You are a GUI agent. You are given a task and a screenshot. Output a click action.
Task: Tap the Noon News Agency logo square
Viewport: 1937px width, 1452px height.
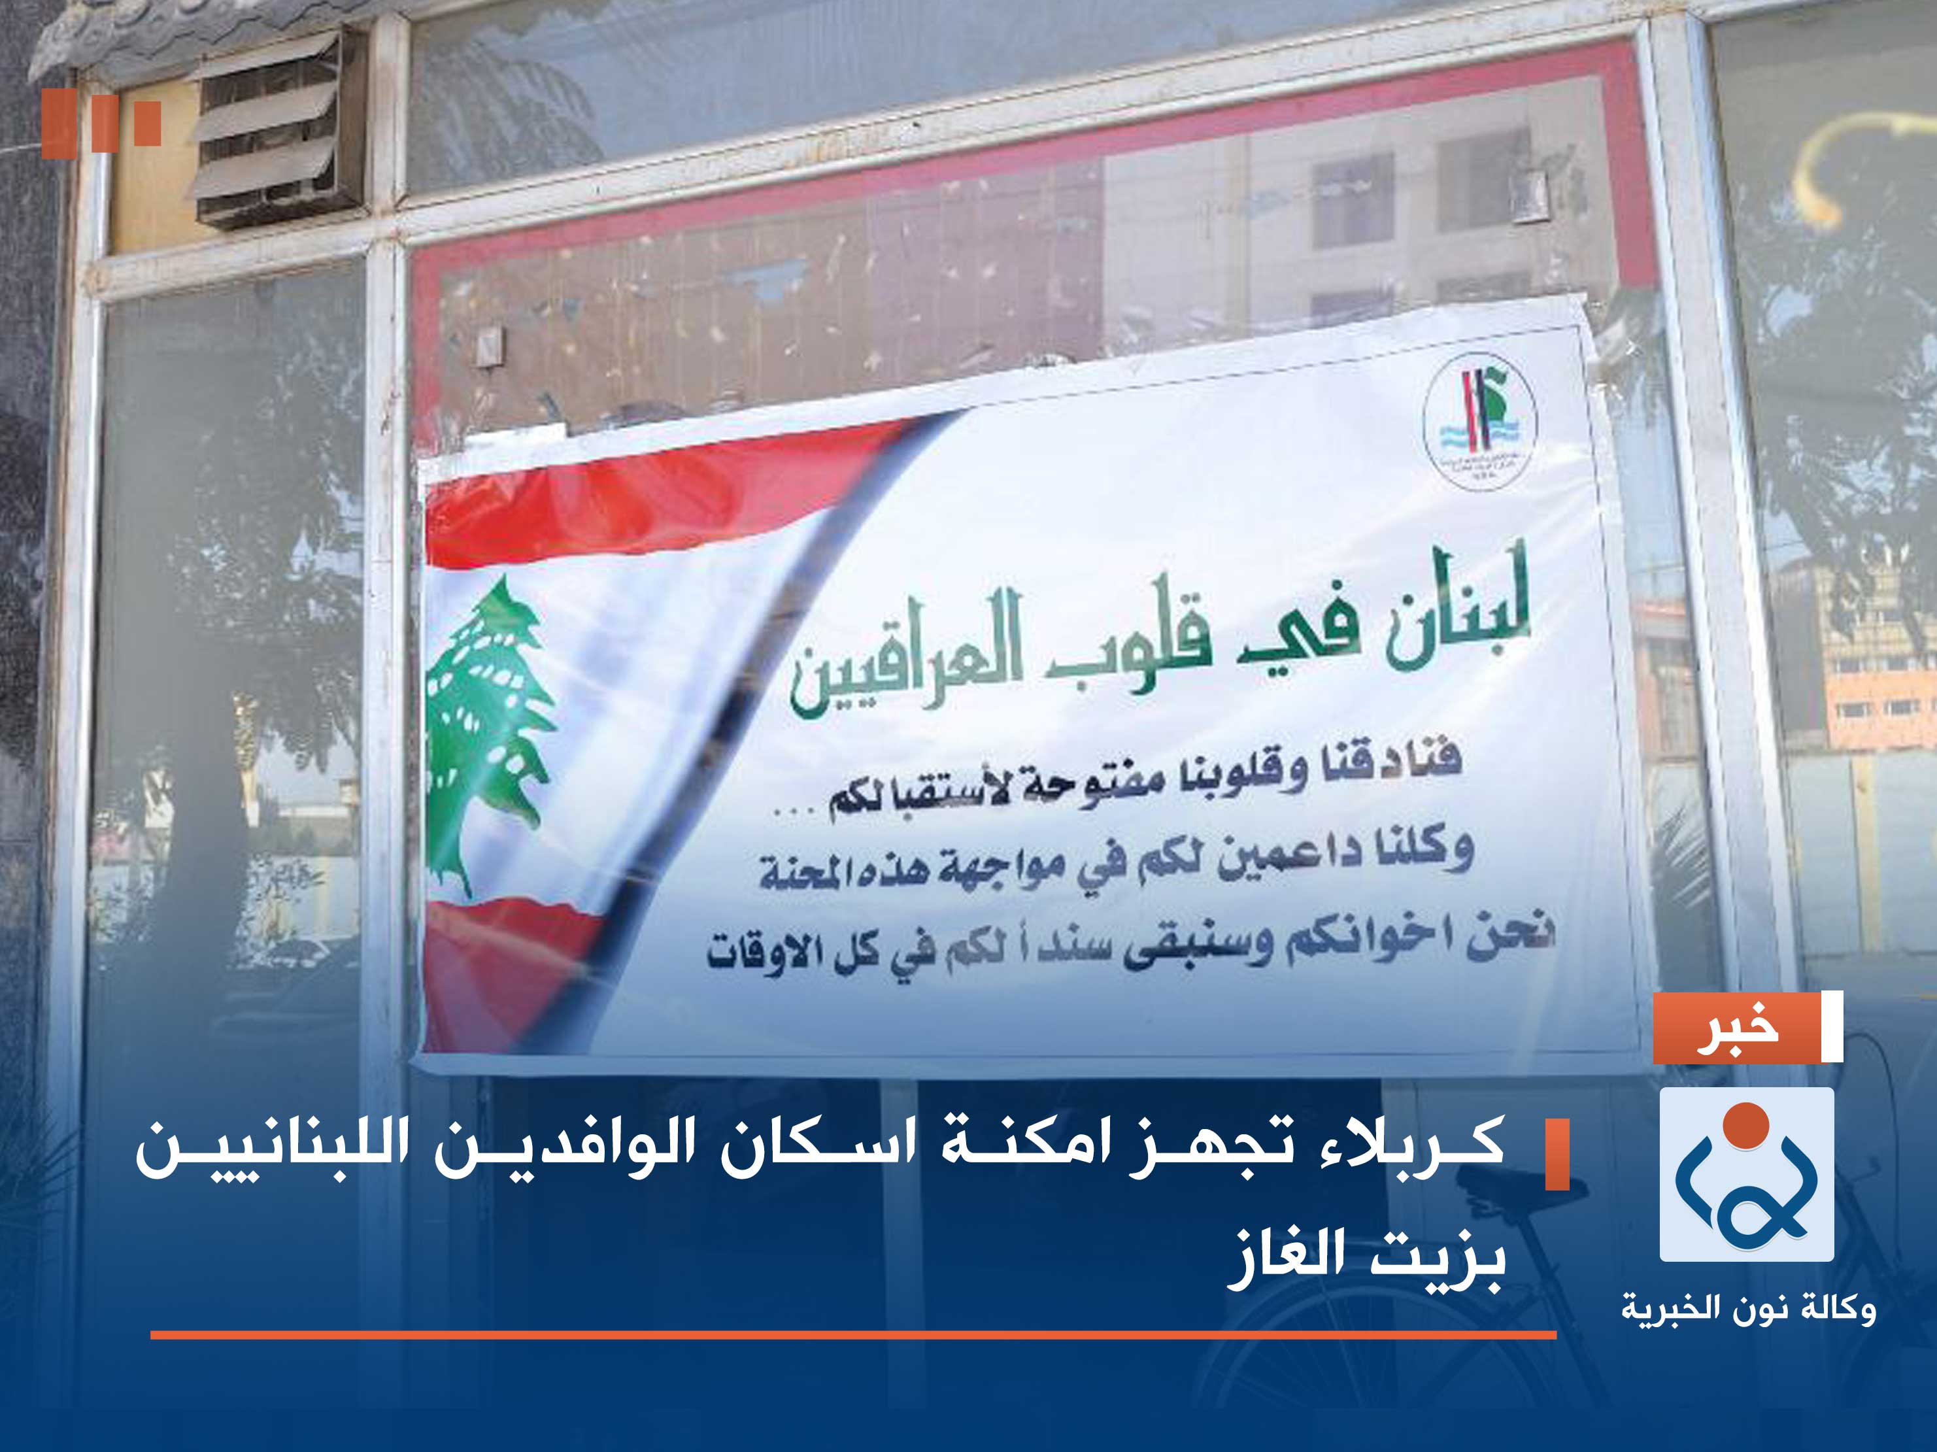(x=1746, y=1174)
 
